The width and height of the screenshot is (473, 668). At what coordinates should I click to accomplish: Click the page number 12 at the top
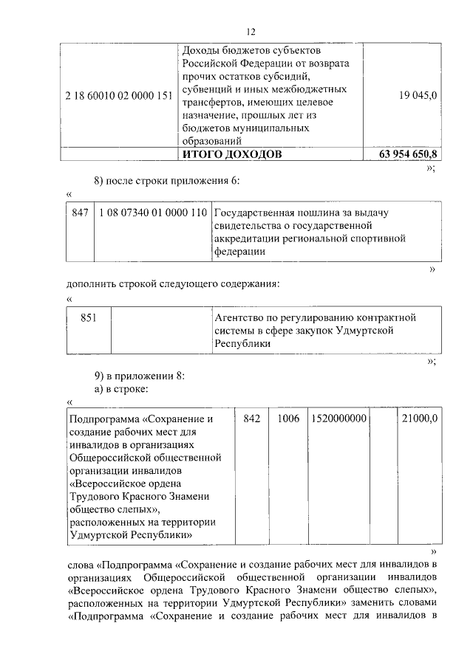[x=251, y=32]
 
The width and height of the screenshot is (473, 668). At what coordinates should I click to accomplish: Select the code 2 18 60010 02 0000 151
[x=118, y=94]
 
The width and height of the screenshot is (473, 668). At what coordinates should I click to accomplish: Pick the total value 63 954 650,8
[x=405, y=154]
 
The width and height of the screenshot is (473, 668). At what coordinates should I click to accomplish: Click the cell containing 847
[x=80, y=213]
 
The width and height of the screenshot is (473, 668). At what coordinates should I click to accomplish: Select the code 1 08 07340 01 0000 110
[x=152, y=213]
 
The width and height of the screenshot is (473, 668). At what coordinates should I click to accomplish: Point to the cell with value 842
[x=252, y=418]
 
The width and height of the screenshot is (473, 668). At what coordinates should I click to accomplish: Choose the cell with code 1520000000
[x=338, y=418]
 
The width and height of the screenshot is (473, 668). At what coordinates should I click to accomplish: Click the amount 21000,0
[x=419, y=418]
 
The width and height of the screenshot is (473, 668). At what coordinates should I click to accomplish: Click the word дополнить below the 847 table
[x=92, y=284]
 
